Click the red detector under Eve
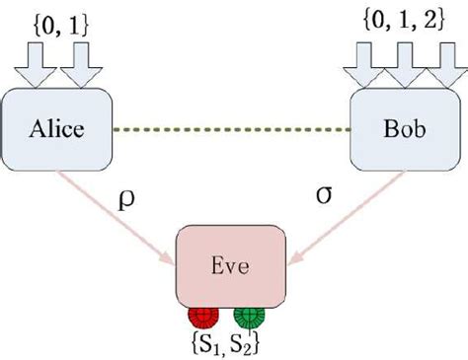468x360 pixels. [203, 318]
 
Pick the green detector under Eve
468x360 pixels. [249, 318]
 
